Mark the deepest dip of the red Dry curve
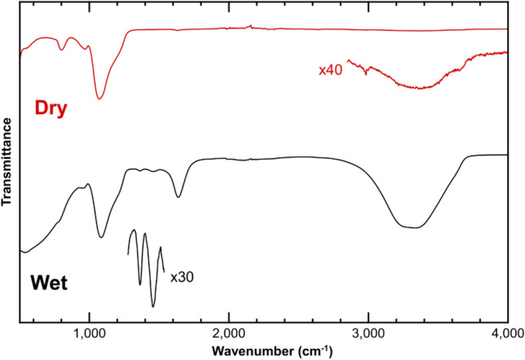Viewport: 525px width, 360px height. tap(99, 99)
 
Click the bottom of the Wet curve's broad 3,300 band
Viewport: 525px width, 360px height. tap(415, 228)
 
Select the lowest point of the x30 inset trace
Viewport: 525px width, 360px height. tap(153, 307)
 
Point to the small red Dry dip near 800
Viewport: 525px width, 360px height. tap(63, 50)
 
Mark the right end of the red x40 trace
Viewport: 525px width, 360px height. tap(506, 52)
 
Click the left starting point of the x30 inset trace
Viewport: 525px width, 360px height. tap(129, 255)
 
